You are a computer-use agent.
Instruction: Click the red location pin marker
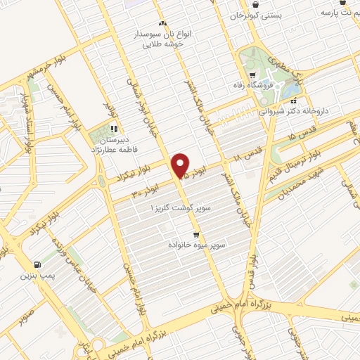181,165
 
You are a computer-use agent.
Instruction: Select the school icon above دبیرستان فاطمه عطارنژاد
114,129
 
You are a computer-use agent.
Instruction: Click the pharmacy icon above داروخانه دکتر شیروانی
292,101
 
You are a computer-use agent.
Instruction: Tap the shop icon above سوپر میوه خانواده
196,234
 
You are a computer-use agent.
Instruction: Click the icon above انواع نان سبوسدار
163,23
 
